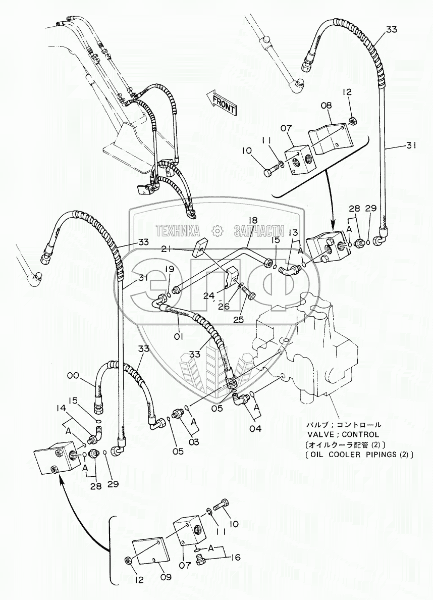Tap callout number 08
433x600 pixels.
pos(327,106)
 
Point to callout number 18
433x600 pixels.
pos(252,220)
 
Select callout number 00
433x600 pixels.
pos(73,375)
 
